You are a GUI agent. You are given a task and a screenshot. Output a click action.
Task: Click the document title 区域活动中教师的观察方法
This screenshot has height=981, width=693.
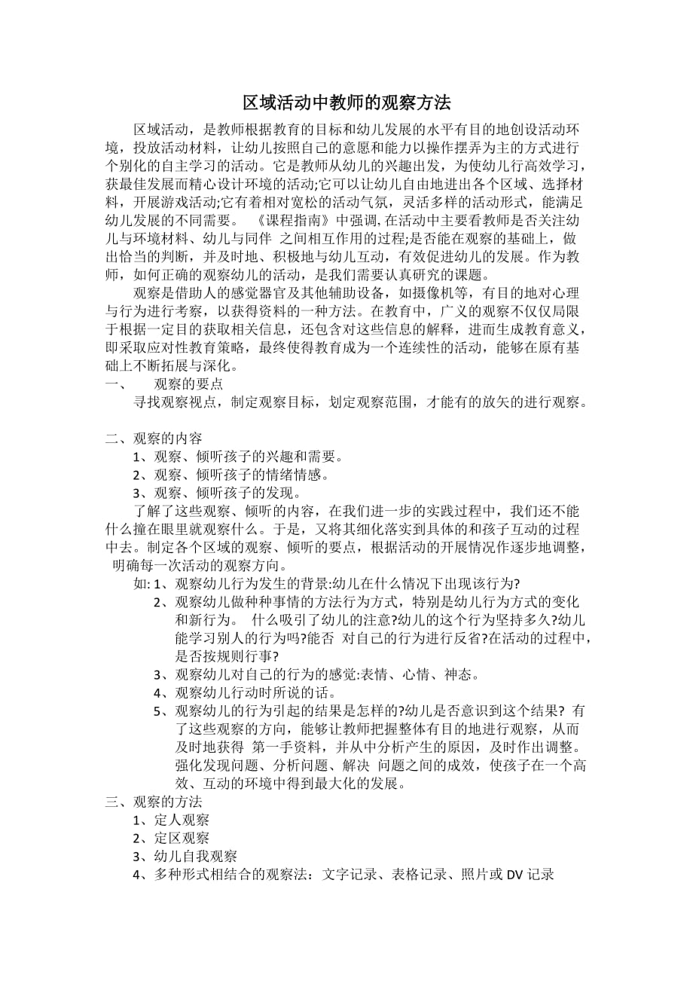pos(346,102)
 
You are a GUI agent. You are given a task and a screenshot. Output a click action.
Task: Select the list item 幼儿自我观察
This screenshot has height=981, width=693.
pos(195,856)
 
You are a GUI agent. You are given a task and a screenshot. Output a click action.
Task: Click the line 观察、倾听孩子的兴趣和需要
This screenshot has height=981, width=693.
pos(248,457)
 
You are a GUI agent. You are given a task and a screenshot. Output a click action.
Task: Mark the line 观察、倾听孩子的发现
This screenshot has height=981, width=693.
pos(227,493)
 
